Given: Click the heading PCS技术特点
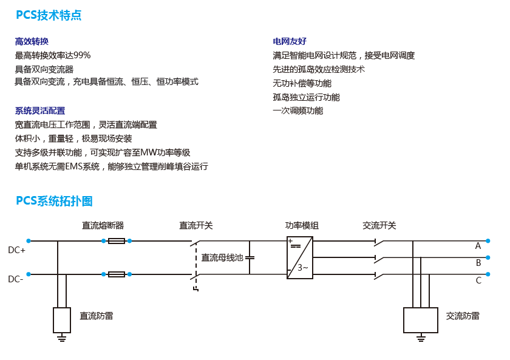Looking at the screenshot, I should (49, 16).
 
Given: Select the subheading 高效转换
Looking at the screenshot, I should (32, 41).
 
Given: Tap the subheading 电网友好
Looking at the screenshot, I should (290, 41).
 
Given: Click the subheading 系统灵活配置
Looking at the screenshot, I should (40, 110).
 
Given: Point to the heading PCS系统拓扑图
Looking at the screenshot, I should (54, 201).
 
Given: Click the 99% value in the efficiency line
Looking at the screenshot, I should (82, 55).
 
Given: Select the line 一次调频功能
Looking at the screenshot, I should (298, 110).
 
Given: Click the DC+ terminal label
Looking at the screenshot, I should (16, 250).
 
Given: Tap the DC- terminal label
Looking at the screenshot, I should (16, 279).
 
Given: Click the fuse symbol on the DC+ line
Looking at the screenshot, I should (116, 241).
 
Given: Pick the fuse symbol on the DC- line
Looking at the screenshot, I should (116, 274).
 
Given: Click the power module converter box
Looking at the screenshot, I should (300, 257).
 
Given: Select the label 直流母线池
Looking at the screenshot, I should (222, 257).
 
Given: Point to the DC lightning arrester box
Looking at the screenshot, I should (61, 320).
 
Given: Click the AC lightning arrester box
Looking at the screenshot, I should (421, 320).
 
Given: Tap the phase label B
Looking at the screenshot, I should (478, 263).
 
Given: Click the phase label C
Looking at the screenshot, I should (478, 280).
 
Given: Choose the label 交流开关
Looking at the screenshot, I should (379, 226).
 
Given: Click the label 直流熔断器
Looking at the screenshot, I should (103, 226).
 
